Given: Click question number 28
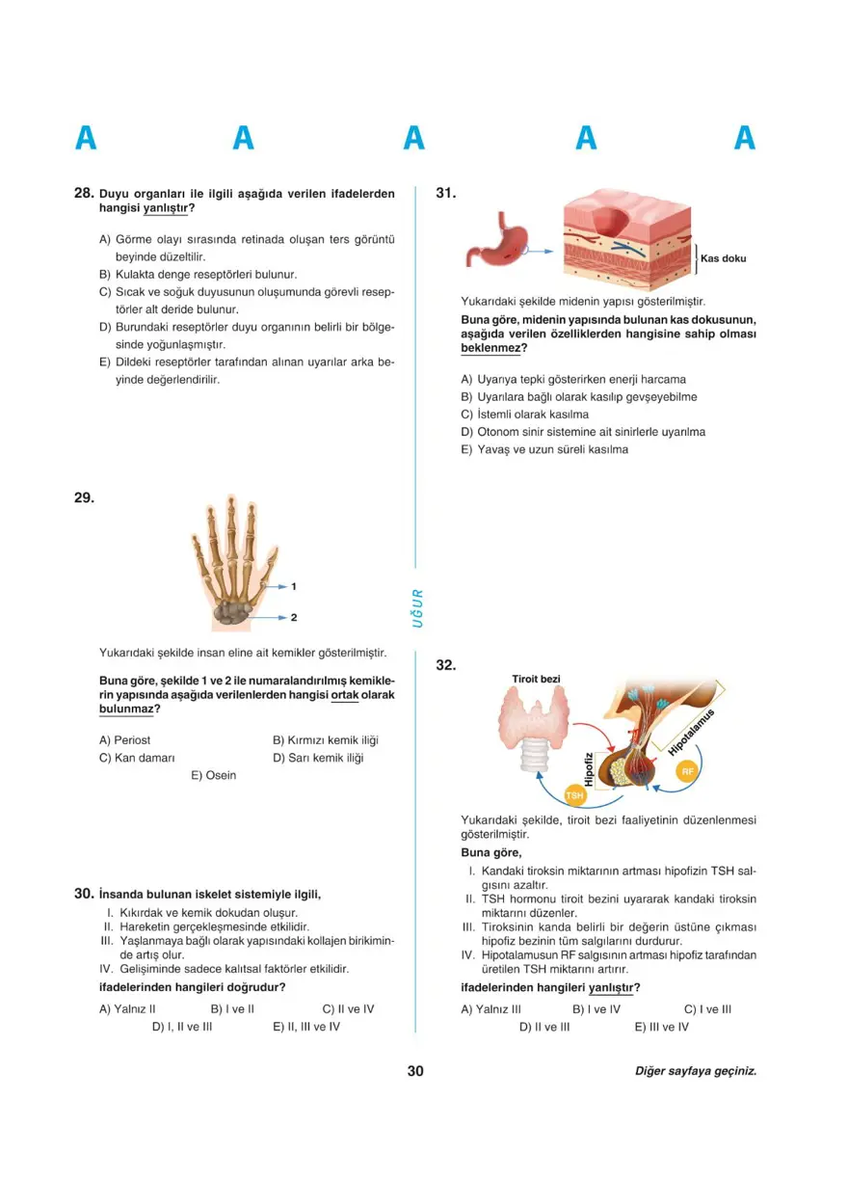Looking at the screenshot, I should click(x=84, y=193).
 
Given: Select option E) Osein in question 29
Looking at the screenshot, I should click(x=213, y=775).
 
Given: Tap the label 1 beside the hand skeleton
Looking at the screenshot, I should click(x=293, y=586).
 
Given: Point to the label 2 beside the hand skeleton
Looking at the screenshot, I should click(x=293, y=616).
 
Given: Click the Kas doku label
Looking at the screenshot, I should click(x=723, y=258).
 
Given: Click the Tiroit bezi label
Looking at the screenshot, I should click(x=536, y=680).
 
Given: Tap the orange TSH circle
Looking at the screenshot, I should click(x=576, y=795).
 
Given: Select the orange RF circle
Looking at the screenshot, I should click(x=687, y=772).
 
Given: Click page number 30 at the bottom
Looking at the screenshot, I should click(x=415, y=1071).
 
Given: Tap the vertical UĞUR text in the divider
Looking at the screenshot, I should click(x=417, y=607).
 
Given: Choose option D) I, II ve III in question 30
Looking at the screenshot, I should click(x=182, y=1027).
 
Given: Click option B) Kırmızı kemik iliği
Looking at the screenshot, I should click(x=325, y=740).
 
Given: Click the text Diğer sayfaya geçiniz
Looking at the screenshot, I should click(x=696, y=1071).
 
